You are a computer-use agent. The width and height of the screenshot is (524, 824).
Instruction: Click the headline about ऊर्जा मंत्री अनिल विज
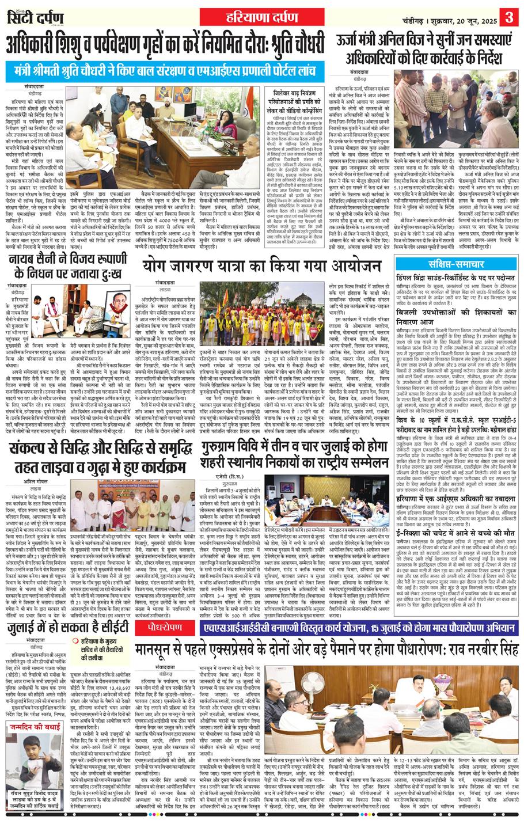[x=419, y=51]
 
